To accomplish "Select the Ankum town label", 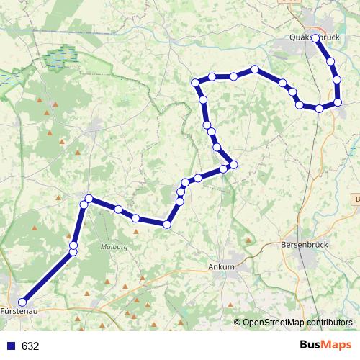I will (221, 266).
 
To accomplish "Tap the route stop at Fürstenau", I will (22, 302).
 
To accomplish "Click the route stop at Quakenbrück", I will (315, 38).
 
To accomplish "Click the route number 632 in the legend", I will (30, 346).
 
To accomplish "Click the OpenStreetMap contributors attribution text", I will (297, 323).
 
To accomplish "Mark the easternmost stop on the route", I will (337, 102).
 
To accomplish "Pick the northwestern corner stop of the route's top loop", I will (195, 84).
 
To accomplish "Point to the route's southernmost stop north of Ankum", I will (167, 225).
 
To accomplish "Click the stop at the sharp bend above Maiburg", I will (89, 198).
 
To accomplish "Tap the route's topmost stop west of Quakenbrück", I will (255, 70).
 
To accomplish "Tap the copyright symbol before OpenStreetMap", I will (238, 323).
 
